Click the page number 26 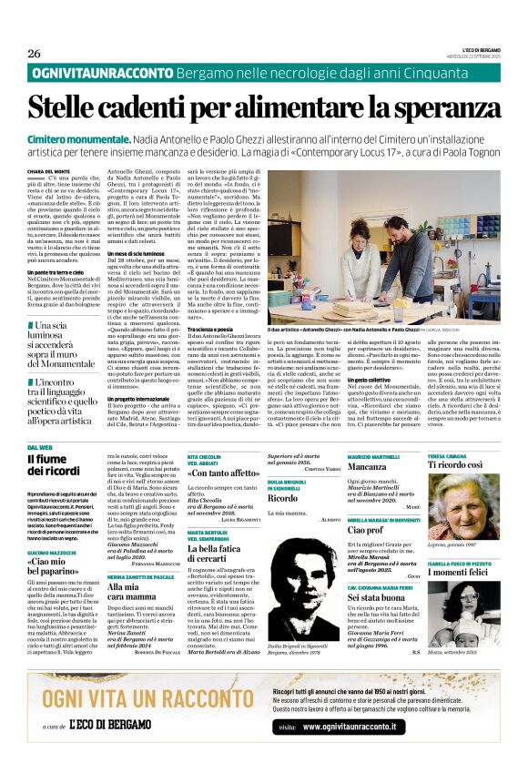pos(35,53)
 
